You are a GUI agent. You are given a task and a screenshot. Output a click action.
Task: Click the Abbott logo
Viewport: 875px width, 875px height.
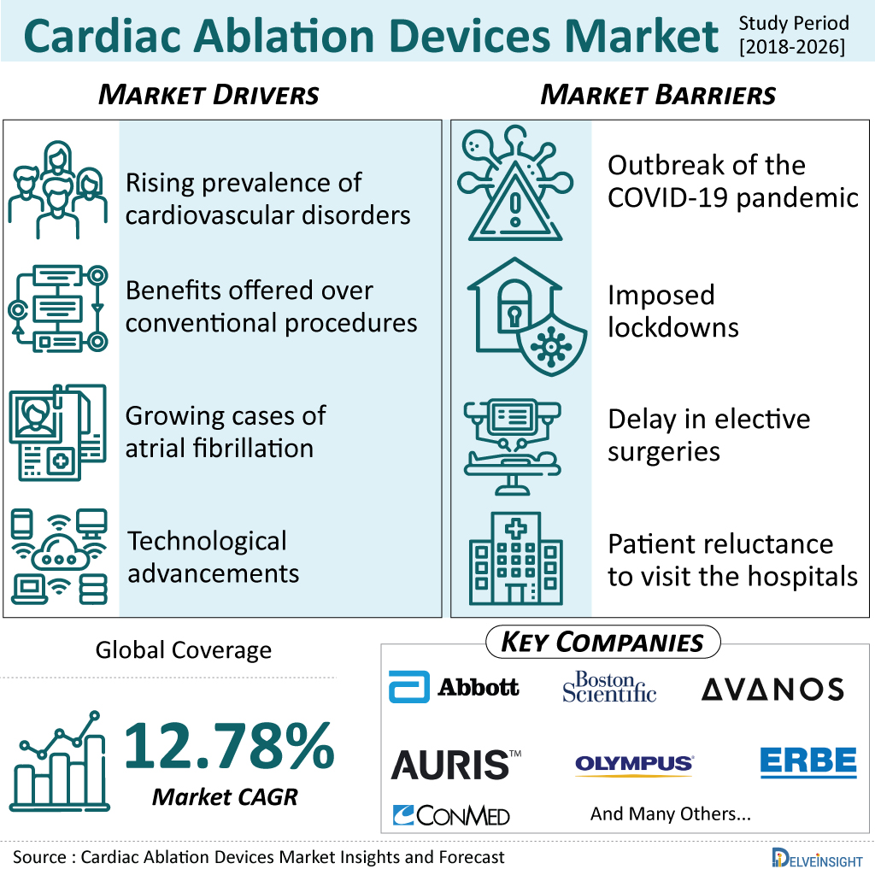tap(454, 687)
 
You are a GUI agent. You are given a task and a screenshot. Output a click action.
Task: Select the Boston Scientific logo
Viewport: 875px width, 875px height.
tap(608, 687)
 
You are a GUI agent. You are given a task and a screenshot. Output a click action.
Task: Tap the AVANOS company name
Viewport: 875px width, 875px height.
tap(772, 690)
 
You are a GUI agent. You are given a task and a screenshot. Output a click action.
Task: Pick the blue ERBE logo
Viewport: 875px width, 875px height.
tap(808, 761)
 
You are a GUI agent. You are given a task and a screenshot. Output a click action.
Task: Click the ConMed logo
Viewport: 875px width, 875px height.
tap(451, 815)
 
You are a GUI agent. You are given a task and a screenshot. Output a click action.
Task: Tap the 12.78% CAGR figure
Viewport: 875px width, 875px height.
tap(229, 746)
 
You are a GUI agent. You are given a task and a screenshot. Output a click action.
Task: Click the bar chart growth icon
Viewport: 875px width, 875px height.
tap(59, 761)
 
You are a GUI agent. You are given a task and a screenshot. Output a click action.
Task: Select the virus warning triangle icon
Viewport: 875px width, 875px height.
tap(515, 183)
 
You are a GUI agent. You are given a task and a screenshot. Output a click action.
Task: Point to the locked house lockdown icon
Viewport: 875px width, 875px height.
tap(526, 316)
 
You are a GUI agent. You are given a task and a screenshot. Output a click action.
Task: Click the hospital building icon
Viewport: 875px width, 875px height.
tap(515, 559)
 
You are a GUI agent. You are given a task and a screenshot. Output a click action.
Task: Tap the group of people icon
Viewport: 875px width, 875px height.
tap(58, 190)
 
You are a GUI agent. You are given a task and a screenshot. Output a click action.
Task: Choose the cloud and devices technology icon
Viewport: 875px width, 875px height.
tap(59, 556)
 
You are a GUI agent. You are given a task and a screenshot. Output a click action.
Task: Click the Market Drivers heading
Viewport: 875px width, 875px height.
tap(208, 94)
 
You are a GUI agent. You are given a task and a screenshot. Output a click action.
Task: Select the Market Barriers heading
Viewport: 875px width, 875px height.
tap(659, 94)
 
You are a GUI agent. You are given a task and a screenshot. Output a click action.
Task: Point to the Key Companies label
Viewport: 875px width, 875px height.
tap(602, 643)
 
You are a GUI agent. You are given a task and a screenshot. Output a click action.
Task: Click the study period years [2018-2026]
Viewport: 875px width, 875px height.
tap(792, 47)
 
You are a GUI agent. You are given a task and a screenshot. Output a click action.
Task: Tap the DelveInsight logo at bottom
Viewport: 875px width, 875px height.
tap(818, 858)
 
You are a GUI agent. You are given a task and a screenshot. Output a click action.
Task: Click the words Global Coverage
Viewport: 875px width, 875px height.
tap(184, 650)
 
